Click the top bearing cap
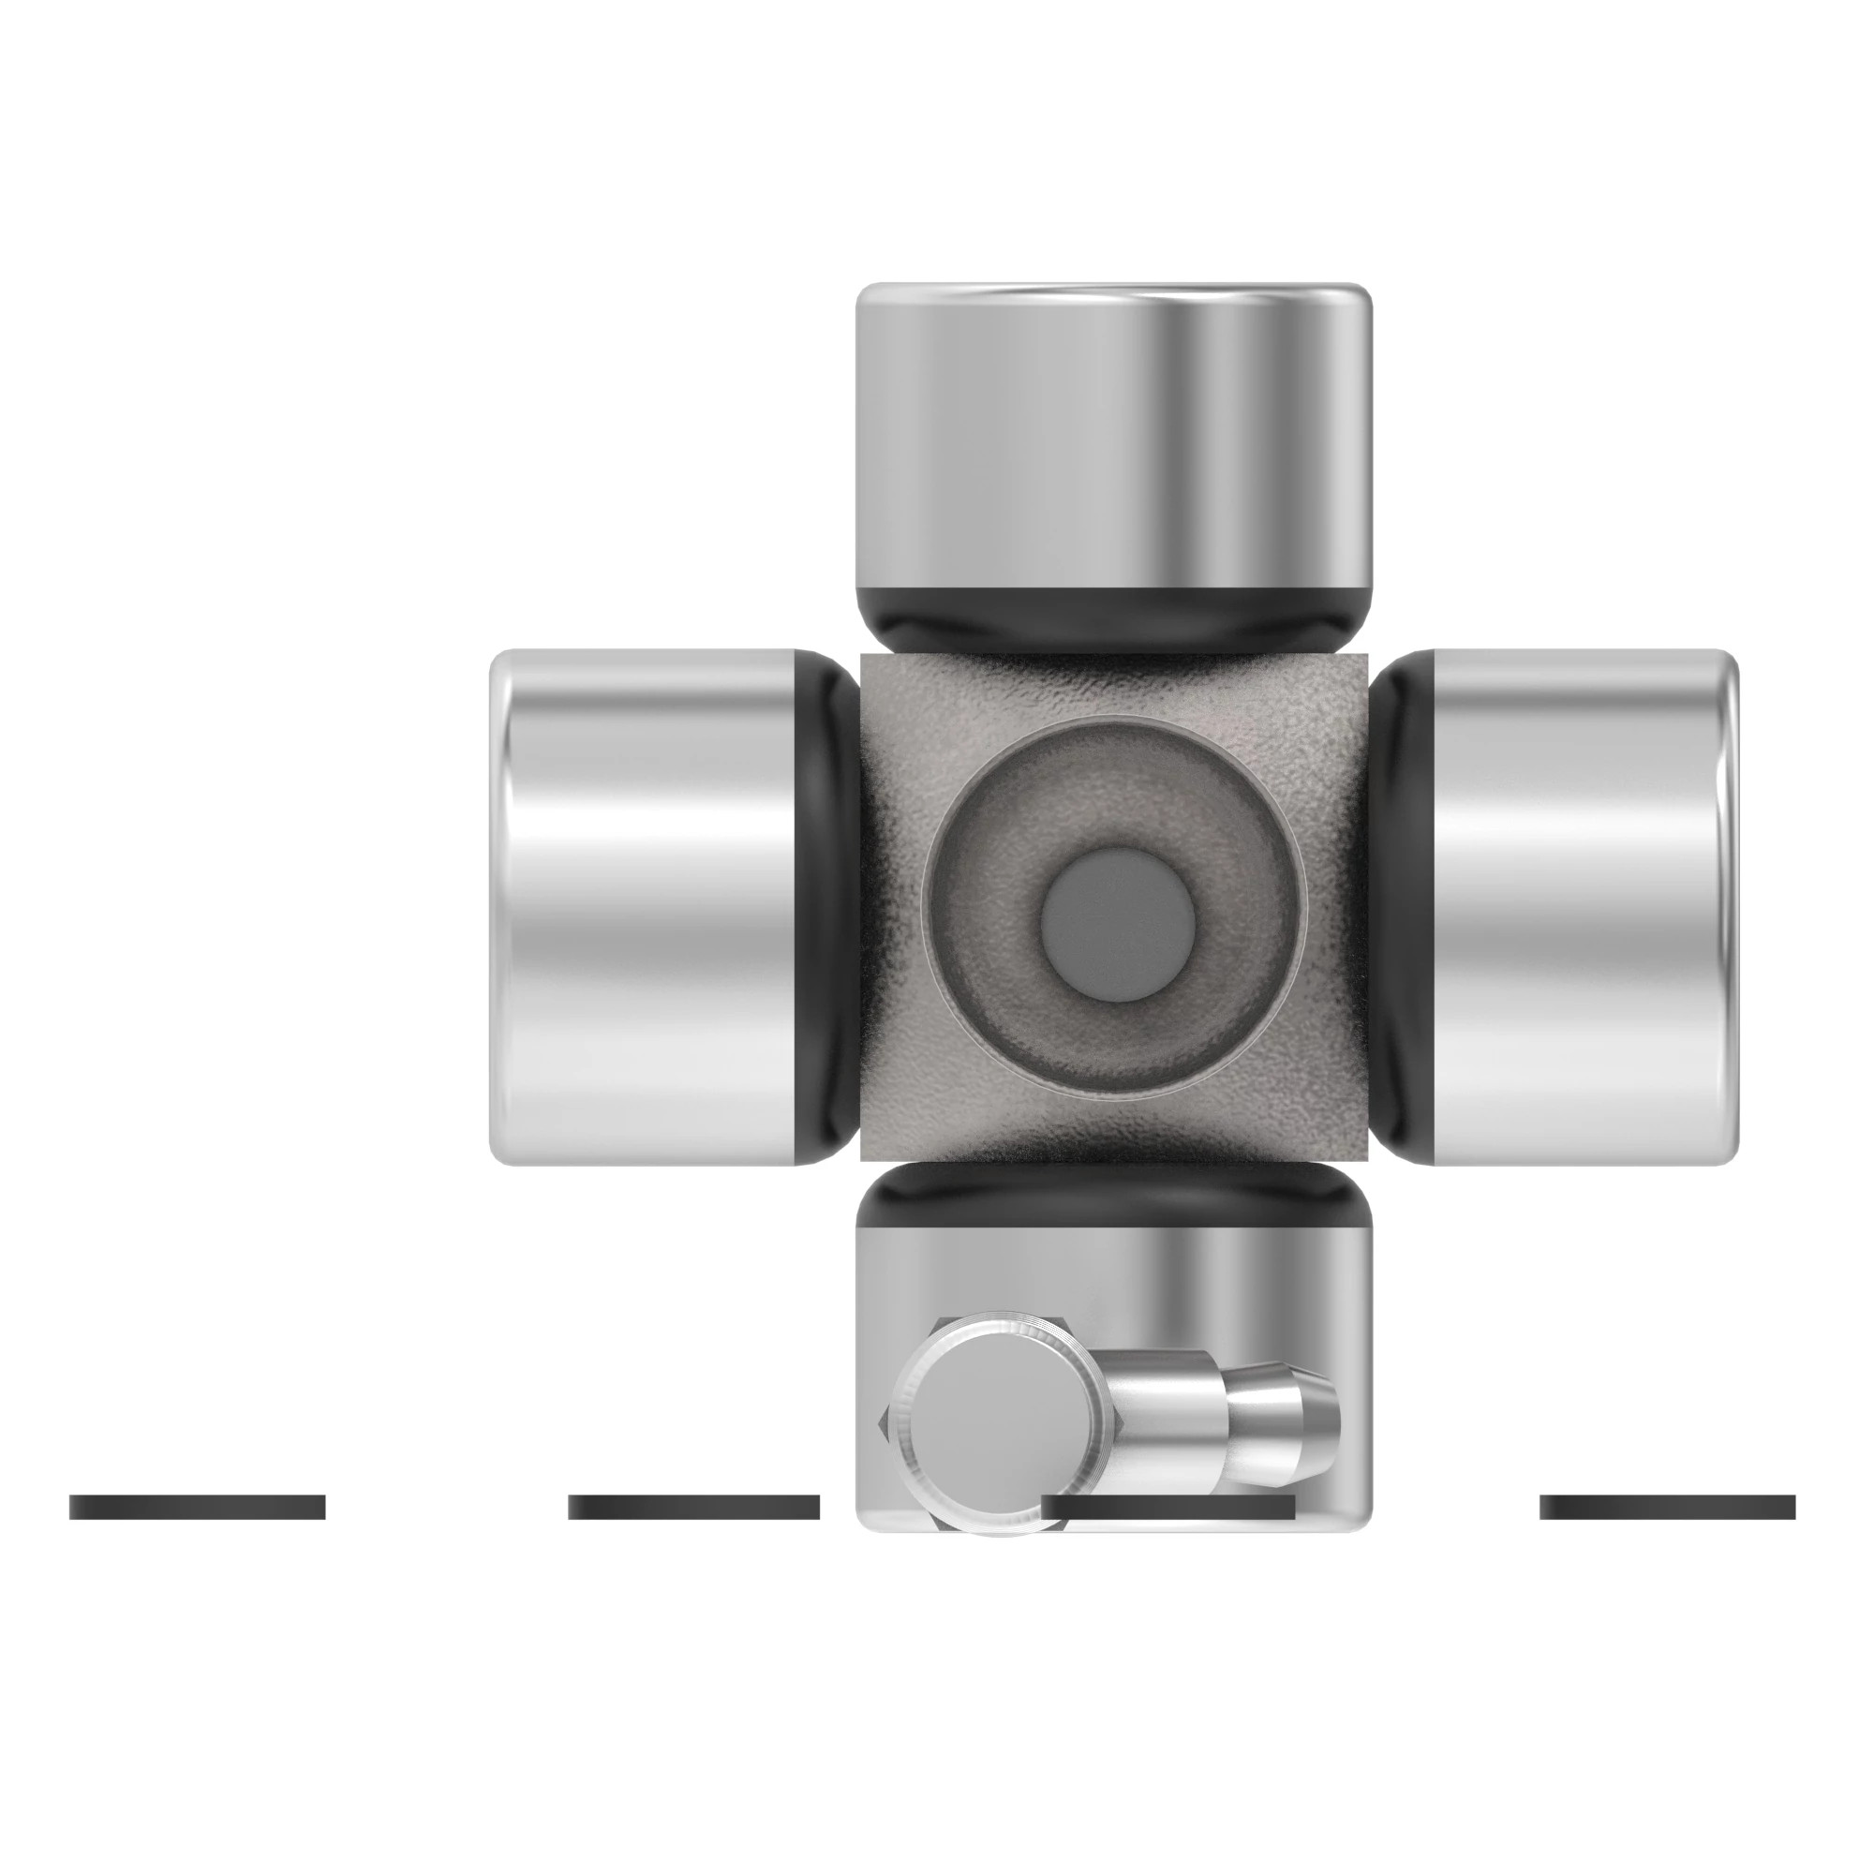pyautogui.click(x=1113, y=437)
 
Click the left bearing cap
pyautogui.click(x=645, y=907)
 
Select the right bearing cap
pyautogui.click(x=1581, y=907)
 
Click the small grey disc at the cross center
pyautogui.click(x=1117, y=925)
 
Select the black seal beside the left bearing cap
pyautogui.click(x=827, y=907)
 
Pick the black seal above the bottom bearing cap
pyautogui.click(x=1113, y=1195)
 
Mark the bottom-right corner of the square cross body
pyautogui.click(x=1363, y=1156)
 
